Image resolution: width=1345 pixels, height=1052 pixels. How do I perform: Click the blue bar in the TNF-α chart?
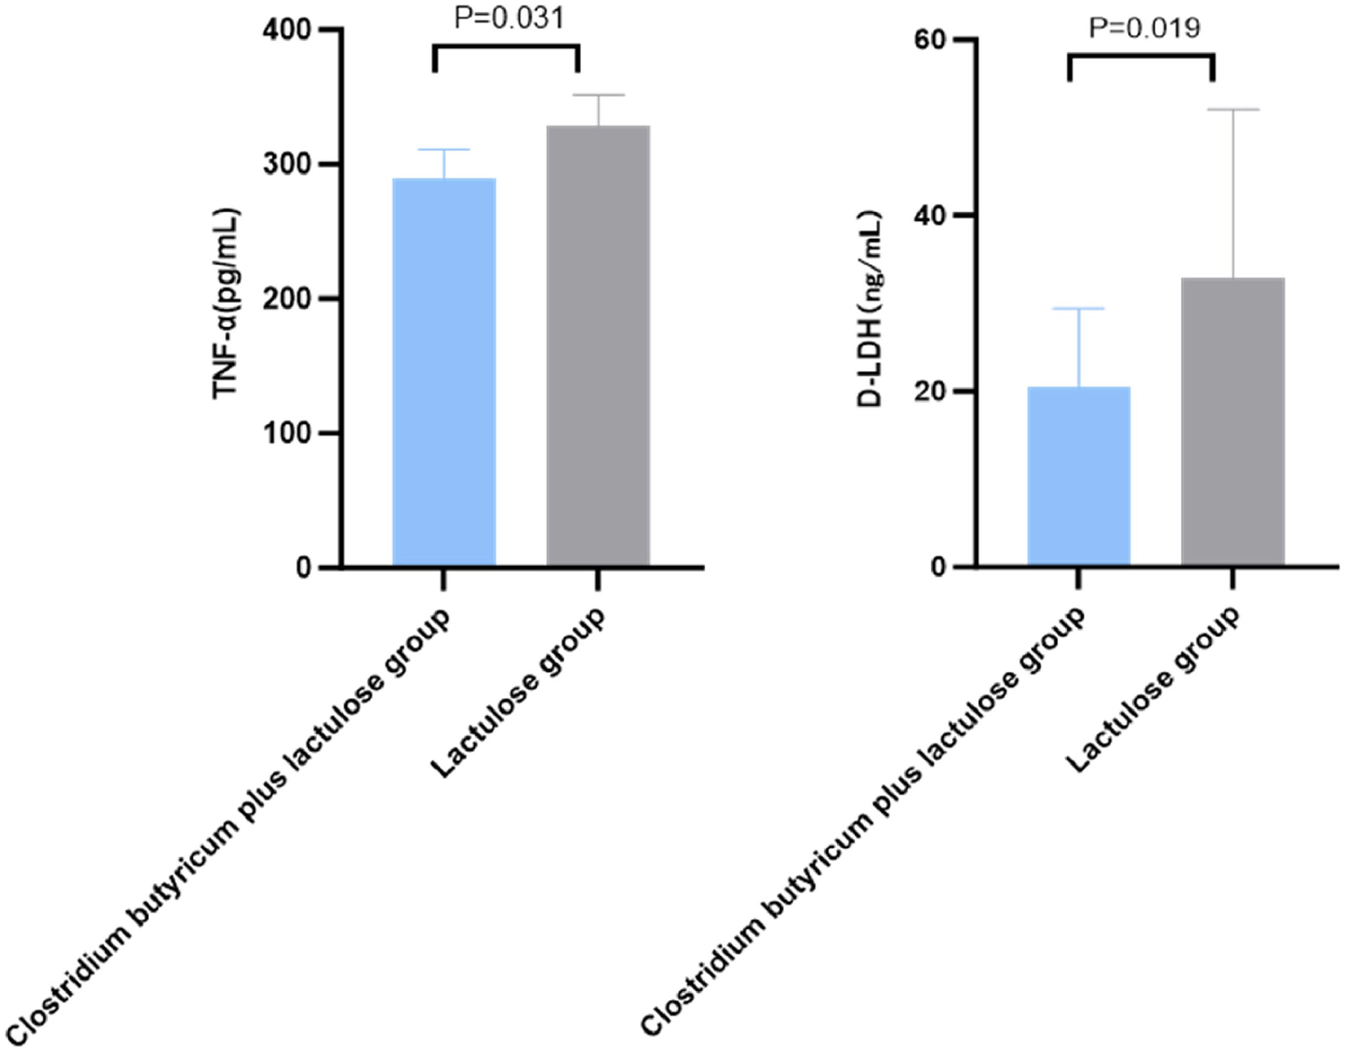(x=444, y=372)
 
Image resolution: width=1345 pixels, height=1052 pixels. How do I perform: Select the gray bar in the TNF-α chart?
(x=598, y=345)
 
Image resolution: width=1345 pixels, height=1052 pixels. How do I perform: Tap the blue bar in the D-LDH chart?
(x=1078, y=476)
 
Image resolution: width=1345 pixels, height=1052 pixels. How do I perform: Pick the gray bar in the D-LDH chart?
(x=1233, y=421)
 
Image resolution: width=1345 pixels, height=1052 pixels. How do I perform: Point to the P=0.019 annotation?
(x=1144, y=28)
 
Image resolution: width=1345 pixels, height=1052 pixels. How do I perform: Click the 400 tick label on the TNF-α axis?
(x=286, y=30)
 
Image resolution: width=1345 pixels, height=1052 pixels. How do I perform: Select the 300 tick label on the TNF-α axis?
(x=286, y=165)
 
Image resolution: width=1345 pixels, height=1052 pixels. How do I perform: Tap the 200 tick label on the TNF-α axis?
(x=286, y=299)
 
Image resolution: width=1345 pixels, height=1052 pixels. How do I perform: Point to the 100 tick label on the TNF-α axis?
(x=286, y=433)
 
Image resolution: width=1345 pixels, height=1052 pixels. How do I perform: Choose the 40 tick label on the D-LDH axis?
(x=930, y=215)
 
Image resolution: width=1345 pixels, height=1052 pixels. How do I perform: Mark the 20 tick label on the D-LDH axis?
(x=930, y=391)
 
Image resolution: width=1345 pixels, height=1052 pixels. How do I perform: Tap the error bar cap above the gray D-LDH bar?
(x=1233, y=109)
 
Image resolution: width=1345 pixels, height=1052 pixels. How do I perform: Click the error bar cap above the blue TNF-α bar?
(x=444, y=150)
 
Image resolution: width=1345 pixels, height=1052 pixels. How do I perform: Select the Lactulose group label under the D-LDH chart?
(x=1153, y=690)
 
